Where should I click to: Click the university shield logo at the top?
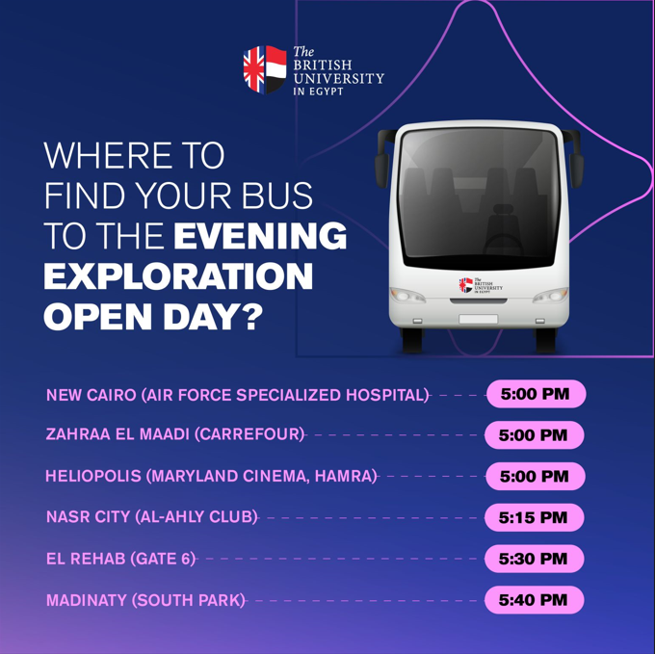pyautogui.click(x=265, y=69)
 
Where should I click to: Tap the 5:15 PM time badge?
pyautogui.click(x=534, y=517)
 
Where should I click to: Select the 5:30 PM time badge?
pyautogui.click(x=534, y=559)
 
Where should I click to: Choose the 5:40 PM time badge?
pyautogui.click(x=534, y=600)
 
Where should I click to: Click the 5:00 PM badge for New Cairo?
pyautogui.click(x=536, y=394)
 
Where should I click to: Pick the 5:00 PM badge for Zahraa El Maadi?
pyautogui.click(x=534, y=435)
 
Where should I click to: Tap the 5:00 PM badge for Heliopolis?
pyautogui.click(x=536, y=476)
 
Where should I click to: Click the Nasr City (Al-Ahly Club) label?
pyautogui.click(x=152, y=517)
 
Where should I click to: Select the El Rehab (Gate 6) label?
pyautogui.click(x=121, y=559)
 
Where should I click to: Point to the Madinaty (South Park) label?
pyautogui.click(x=145, y=600)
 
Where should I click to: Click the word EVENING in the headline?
pyautogui.click(x=260, y=236)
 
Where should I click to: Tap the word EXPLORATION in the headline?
pyautogui.click(x=178, y=276)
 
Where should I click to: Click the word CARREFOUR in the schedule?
pyautogui.click(x=249, y=434)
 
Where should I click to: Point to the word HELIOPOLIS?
pyautogui.click(x=93, y=476)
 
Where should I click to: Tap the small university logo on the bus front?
pyautogui.click(x=481, y=285)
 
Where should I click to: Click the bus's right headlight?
pyautogui.click(x=551, y=296)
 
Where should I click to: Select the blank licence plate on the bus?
pyautogui.click(x=479, y=319)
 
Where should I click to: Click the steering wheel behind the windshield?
pyautogui.click(x=503, y=246)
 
